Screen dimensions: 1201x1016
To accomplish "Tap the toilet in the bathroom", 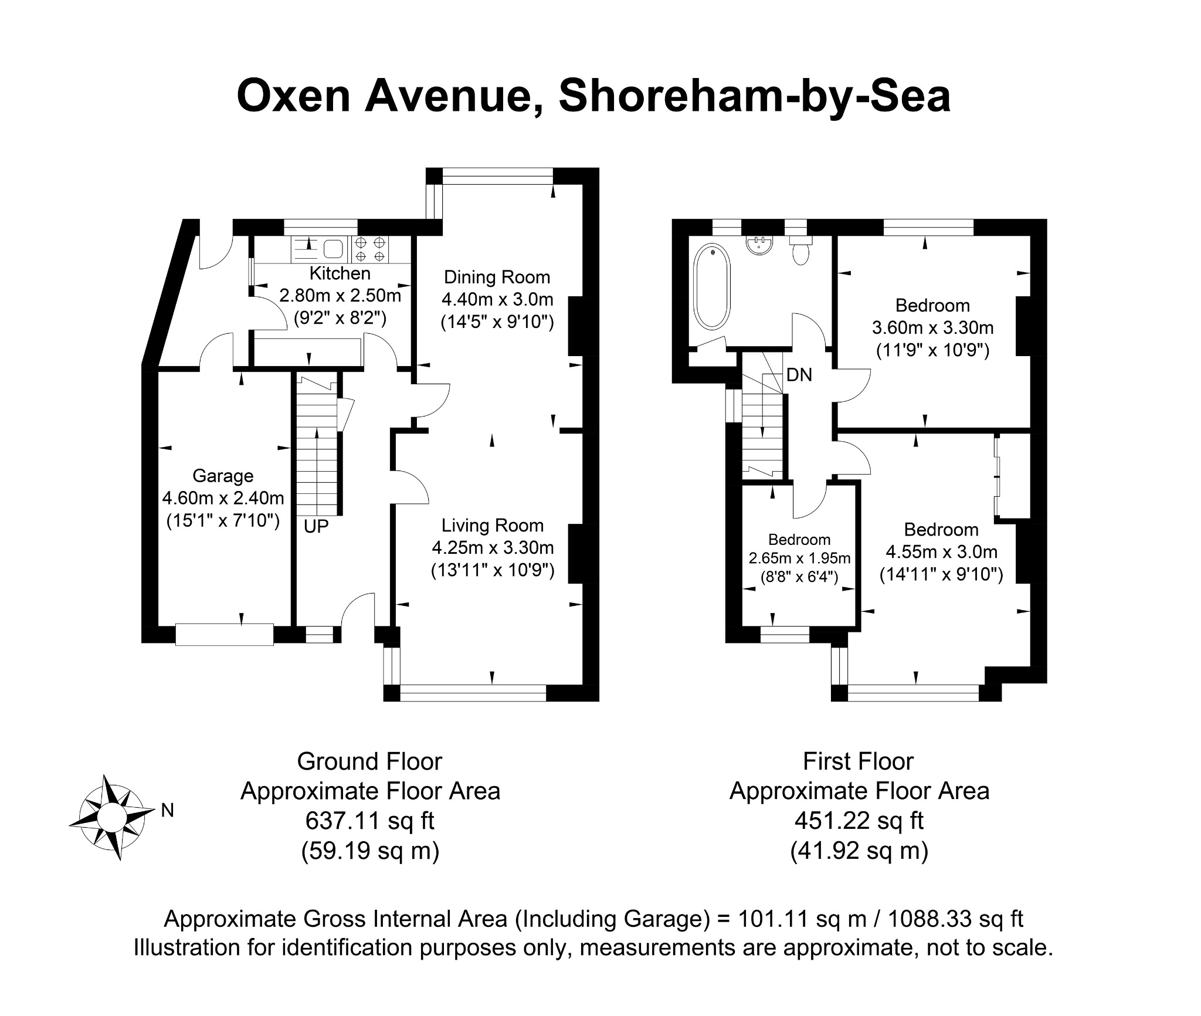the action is point(800,250).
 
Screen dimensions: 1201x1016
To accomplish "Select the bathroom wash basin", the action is point(761,245).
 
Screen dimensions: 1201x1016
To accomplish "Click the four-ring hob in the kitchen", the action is point(370,249).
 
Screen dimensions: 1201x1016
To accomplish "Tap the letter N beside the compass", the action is point(168,811).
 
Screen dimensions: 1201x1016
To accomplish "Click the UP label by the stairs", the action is point(316,527).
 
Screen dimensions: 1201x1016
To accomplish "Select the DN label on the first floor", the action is point(799,375).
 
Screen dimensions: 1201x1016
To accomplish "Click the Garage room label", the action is point(223,476).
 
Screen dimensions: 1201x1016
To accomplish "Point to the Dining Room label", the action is point(497,277).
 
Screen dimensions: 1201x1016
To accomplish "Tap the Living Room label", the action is point(493,526).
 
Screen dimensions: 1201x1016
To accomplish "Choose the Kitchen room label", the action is point(340,273).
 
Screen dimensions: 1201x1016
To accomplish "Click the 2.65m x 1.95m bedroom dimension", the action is point(799,558).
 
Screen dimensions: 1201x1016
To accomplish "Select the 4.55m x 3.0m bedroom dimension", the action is point(941,552).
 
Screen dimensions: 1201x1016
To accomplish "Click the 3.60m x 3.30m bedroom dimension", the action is point(933,328).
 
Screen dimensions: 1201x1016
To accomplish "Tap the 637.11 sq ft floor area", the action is point(370,821).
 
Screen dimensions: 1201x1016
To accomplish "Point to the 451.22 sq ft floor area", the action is point(859,821).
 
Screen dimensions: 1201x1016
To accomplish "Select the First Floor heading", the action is point(859,761).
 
